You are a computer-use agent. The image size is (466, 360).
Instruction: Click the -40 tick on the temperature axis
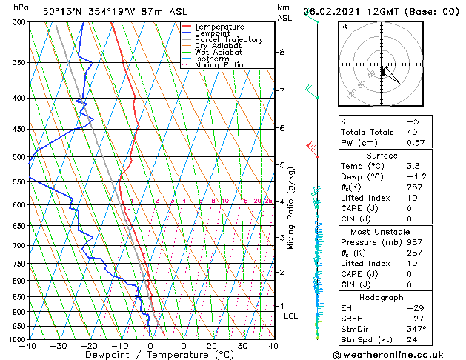pos(29,346)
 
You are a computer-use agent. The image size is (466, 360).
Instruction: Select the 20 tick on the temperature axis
pos(212,346)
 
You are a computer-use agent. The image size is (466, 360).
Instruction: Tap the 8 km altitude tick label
pos(282,52)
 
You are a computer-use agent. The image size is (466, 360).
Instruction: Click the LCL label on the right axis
pos(290,316)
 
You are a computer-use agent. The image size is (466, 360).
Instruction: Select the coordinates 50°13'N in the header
pos(61,10)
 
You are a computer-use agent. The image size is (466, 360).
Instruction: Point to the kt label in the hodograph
pos(344,27)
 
